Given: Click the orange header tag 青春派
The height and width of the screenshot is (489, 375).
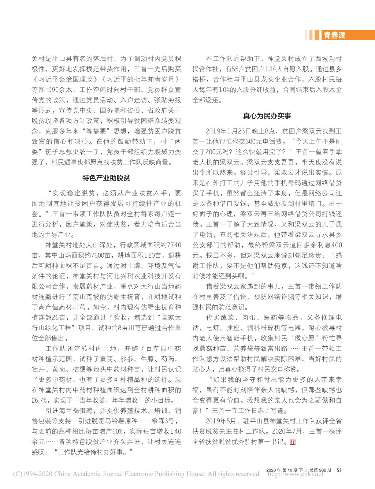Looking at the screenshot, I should point(334,36).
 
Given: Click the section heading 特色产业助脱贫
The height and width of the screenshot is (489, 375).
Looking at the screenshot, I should point(106,178).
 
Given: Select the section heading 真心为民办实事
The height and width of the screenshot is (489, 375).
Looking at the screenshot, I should point(267,116).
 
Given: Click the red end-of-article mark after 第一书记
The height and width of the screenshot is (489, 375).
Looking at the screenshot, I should point(292,442).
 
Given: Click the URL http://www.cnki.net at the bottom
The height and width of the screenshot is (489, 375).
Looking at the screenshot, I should point(296,474).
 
